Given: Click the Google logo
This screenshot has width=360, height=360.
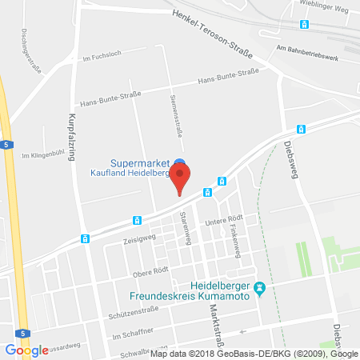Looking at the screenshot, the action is pos(26,350).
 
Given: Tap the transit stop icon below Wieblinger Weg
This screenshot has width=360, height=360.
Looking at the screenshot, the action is pos(304,25).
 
